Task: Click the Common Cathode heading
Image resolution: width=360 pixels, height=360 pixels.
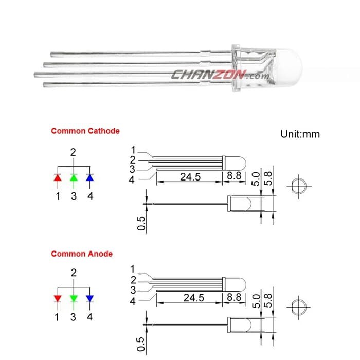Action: tap(85, 131)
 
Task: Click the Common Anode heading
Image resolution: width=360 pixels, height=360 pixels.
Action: tap(82, 254)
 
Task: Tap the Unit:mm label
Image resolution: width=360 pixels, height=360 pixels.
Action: tap(300, 134)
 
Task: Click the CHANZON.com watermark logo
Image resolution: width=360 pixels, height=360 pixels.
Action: tap(220, 75)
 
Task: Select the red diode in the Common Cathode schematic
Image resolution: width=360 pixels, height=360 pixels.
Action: tap(58, 178)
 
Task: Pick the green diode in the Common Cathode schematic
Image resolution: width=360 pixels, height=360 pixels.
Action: tap(74, 178)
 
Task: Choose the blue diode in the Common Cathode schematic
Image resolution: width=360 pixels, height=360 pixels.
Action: tap(90, 178)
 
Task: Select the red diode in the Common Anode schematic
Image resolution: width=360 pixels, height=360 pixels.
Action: tap(58, 299)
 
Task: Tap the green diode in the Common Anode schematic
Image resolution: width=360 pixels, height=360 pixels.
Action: tap(74, 299)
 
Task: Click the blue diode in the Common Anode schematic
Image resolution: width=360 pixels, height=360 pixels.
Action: tap(90, 299)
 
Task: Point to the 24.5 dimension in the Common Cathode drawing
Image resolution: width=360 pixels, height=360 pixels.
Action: tap(190, 177)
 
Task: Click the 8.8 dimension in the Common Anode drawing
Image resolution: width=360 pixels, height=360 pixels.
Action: tap(234, 297)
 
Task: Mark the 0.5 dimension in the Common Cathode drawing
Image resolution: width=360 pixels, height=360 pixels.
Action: tap(141, 223)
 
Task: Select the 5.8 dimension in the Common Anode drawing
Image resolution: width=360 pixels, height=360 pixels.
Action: tap(268, 300)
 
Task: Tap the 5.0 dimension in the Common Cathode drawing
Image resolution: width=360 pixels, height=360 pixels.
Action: tap(256, 179)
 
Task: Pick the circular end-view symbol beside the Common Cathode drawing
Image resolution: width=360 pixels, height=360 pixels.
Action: tap(299, 186)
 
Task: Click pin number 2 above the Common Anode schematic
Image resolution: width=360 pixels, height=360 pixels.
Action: tap(74, 273)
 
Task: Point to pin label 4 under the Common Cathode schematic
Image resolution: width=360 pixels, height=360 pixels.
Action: tap(90, 196)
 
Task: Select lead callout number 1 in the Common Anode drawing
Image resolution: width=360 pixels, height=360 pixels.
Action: tap(133, 269)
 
